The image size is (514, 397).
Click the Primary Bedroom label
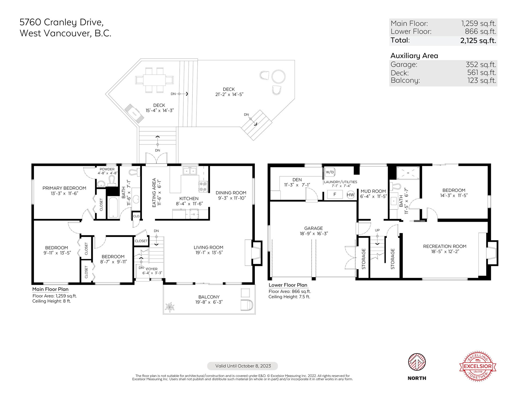64,188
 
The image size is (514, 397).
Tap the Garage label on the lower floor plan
313,228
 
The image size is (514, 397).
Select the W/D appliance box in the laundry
330,172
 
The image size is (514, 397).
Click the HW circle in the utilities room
350,195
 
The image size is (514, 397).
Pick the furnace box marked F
335,194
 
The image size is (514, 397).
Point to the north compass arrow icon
417,362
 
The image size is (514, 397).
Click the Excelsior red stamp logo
478,366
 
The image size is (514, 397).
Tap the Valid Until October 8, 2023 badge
243,366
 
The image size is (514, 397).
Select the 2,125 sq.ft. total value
478,41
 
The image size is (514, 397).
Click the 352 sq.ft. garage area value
481,64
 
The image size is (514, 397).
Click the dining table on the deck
154,80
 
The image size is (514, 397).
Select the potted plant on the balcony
170,307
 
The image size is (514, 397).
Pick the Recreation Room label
445,246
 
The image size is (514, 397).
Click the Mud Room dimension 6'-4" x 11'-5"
373,196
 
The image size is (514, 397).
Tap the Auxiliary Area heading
414,56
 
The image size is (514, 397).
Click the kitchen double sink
190,171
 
